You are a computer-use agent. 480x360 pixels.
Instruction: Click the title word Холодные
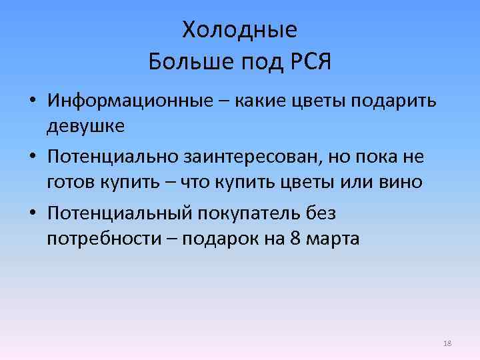(239, 31)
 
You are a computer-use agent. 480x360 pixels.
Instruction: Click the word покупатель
(257, 214)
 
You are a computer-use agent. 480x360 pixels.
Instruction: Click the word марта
(334, 239)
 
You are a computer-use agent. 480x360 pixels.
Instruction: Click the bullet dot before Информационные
(32, 101)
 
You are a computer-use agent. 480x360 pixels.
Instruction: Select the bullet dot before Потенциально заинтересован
(32, 159)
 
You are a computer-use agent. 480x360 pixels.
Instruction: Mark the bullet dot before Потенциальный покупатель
(32, 215)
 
